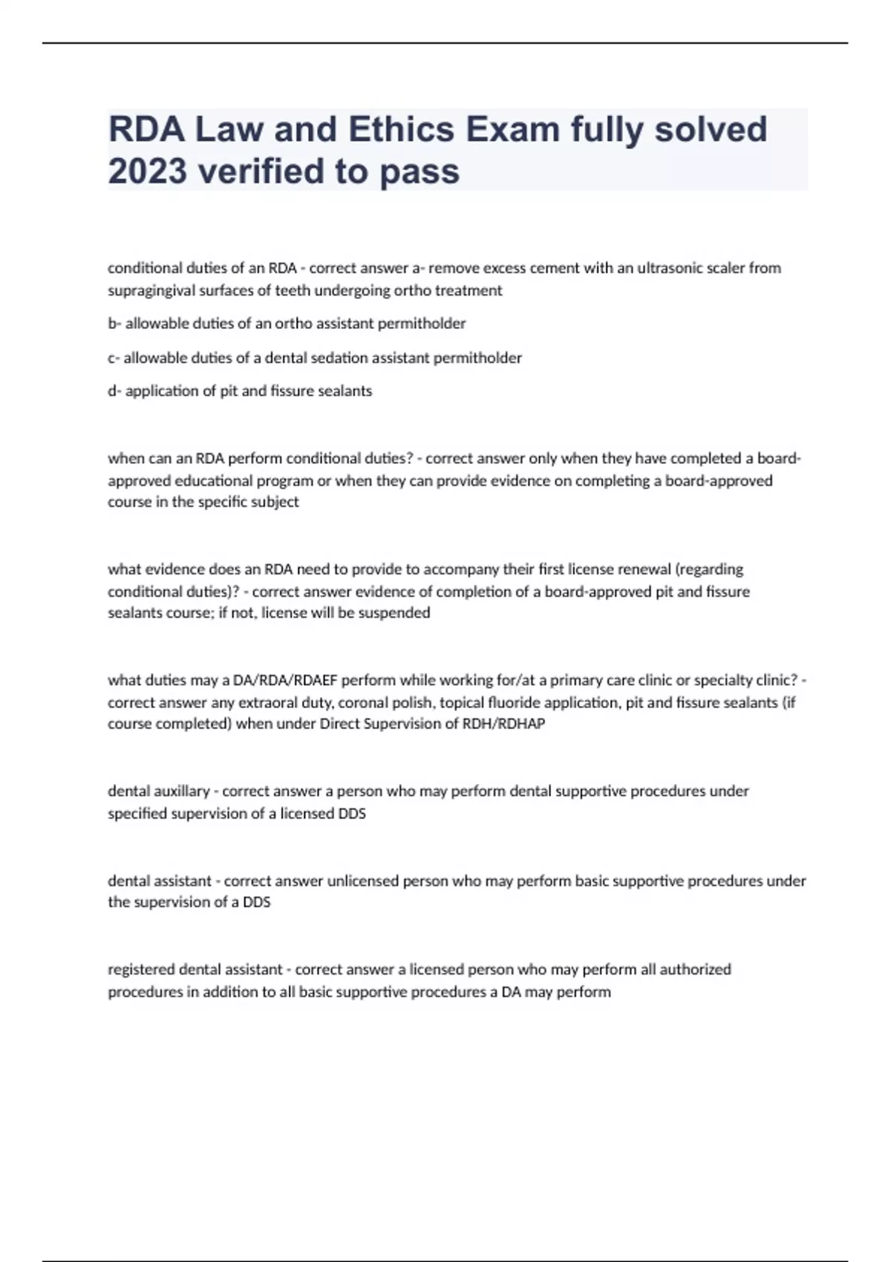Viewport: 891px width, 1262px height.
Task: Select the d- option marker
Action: coord(114,390)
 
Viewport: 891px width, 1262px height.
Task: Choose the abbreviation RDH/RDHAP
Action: coord(503,724)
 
